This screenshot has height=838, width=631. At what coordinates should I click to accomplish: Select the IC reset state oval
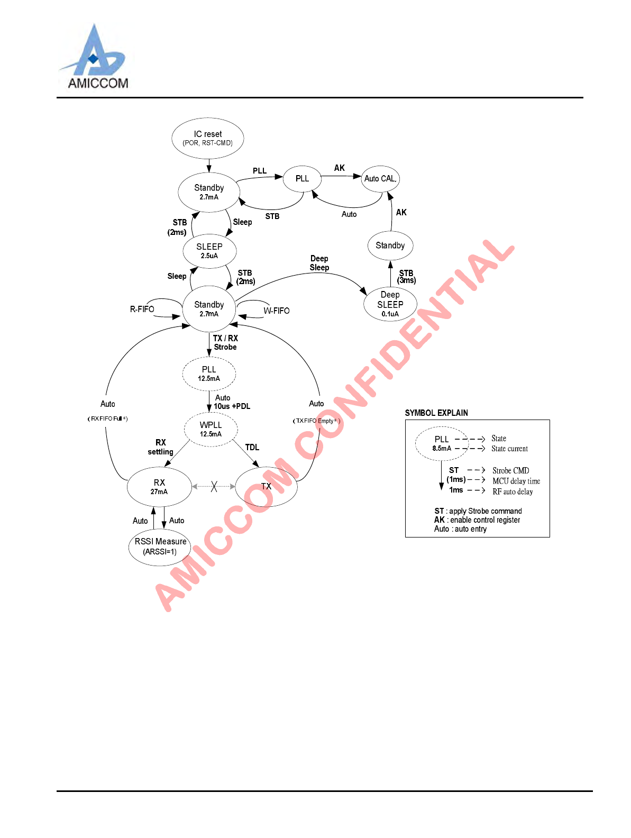(x=208, y=138)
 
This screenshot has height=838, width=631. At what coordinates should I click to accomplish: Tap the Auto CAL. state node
(x=380, y=179)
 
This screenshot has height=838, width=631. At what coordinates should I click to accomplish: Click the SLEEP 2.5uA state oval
(x=209, y=251)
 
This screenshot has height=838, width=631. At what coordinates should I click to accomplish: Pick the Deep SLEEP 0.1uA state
(x=390, y=304)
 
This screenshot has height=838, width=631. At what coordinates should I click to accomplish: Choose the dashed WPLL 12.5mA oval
(x=211, y=429)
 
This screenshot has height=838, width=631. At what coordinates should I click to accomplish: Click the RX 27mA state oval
(x=159, y=487)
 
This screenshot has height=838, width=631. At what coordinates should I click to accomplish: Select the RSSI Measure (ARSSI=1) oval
(x=160, y=546)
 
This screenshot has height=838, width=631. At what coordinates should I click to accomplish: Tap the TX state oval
(x=266, y=486)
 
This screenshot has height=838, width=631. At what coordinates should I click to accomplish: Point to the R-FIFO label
(x=142, y=309)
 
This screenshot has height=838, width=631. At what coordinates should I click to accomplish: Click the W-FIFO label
(x=277, y=311)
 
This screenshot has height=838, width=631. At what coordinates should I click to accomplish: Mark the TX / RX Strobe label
(x=225, y=342)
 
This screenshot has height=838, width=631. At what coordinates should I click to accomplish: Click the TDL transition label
(x=252, y=448)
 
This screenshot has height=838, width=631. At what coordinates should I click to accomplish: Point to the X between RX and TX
(x=214, y=486)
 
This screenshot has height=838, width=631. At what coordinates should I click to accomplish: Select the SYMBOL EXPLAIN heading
(x=436, y=413)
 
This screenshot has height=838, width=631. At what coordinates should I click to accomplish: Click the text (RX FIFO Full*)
(x=108, y=418)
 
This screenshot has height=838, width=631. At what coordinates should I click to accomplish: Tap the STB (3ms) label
(x=406, y=277)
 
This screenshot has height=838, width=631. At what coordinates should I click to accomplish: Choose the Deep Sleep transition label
(x=319, y=263)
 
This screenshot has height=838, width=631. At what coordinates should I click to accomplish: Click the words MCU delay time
(x=516, y=481)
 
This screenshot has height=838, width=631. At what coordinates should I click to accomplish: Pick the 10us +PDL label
(x=232, y=406)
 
